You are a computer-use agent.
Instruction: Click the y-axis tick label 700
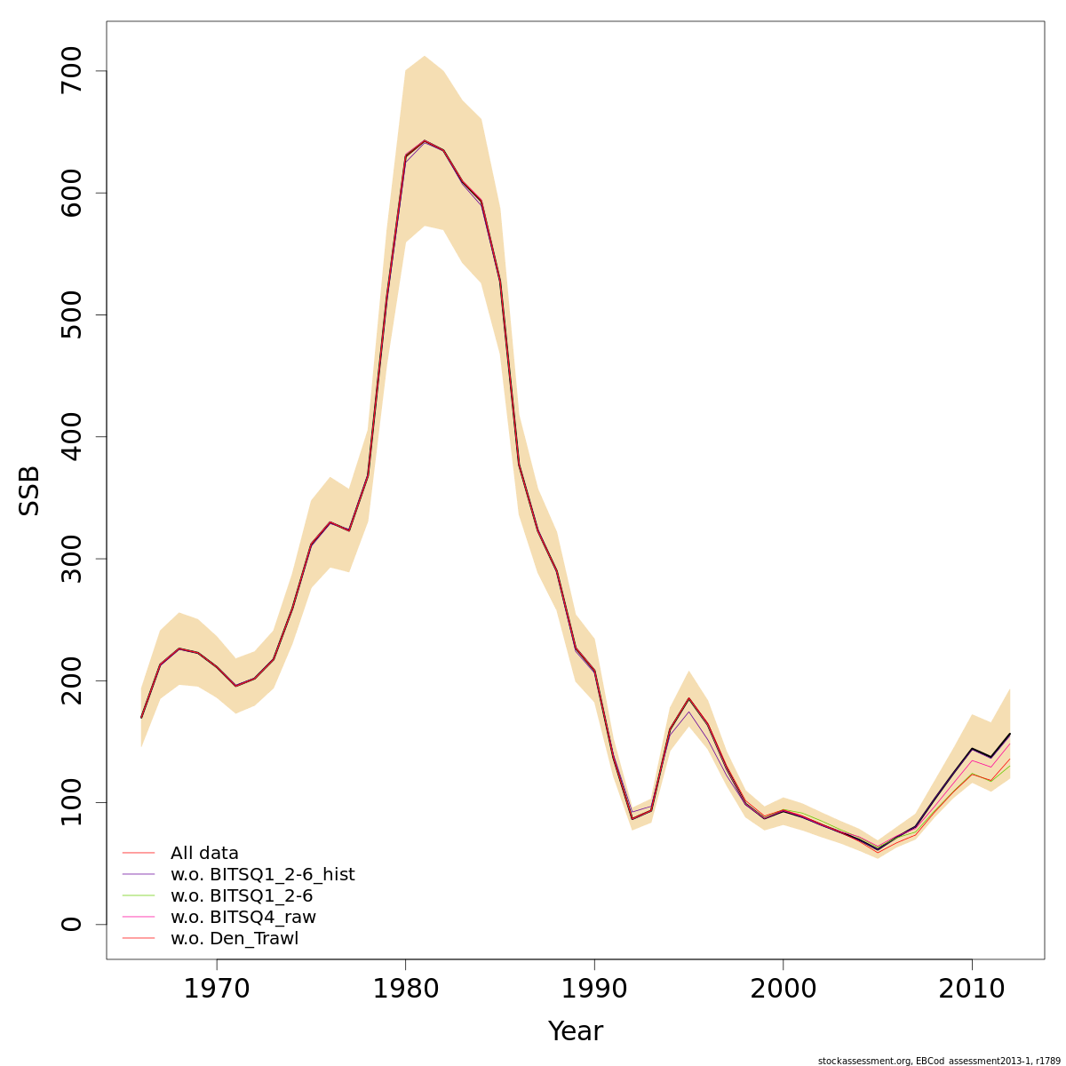point(71,71)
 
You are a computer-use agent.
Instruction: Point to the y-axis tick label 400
point(71,437)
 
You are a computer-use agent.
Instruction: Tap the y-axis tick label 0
point(71,925)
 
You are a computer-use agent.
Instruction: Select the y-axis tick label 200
point(71,680)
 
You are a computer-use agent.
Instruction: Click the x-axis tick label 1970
point(216,988)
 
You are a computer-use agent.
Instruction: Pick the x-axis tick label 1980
point(405,988)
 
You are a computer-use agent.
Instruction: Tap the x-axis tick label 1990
point(594,988)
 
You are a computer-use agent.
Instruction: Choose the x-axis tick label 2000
point(783,988)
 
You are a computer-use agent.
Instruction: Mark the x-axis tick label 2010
point(972,988)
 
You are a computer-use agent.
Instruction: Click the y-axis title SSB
point(30,490)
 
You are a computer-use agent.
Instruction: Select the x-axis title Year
point(575,1031)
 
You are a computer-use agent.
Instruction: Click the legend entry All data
point(204,854)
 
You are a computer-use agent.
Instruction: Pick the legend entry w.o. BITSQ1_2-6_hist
point(262,875)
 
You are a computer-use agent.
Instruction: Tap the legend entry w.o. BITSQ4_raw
point(243,918)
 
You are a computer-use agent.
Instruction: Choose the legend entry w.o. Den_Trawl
point(234,939)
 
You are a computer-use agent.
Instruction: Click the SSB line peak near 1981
point(425,140)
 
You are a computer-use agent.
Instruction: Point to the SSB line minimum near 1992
point(632,818)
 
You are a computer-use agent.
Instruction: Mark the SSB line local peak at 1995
point(688,698)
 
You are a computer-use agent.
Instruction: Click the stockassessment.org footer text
point(939,1060)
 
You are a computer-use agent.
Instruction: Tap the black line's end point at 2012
point(1010,734)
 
